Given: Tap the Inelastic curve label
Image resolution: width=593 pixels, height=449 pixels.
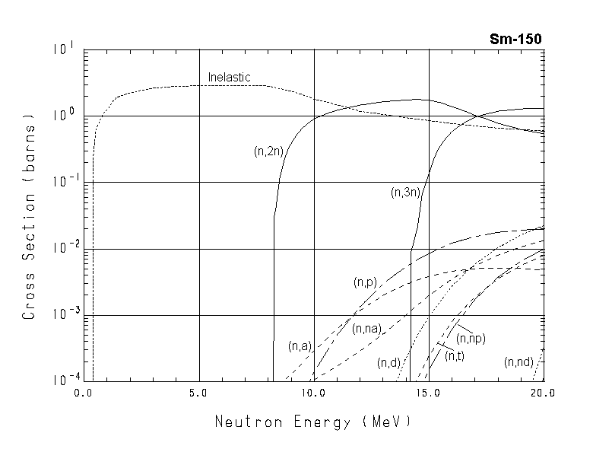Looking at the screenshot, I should [229, 78].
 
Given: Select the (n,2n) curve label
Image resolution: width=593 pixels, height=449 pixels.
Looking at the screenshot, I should [269, 151].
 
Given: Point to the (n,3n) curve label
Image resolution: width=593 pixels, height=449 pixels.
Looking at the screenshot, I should [406, 193].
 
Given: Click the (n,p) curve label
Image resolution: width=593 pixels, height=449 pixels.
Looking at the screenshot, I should [365, 282].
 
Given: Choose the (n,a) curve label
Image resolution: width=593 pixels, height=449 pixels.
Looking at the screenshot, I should [300, 346].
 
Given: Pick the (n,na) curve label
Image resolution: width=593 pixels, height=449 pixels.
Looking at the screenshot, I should [366, 329].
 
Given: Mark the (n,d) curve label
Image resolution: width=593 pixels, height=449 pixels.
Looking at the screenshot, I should [388, 363].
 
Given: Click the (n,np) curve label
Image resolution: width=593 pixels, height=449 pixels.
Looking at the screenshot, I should [471, 338].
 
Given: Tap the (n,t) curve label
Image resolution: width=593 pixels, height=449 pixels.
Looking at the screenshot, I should [455, 355].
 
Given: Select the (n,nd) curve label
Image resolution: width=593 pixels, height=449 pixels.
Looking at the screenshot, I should [518, 362].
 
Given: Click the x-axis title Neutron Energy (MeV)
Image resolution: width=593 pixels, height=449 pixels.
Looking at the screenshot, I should [312, 422].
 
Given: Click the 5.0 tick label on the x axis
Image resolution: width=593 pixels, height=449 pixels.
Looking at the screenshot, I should [199, 393].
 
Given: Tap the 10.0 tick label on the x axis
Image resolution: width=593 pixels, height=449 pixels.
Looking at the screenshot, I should [314, 393].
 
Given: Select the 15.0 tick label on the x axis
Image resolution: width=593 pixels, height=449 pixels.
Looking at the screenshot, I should [429, 393].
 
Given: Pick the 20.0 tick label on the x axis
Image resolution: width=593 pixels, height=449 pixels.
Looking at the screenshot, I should [543, 393].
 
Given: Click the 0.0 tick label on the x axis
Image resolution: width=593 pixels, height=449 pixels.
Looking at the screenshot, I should [83, 393].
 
